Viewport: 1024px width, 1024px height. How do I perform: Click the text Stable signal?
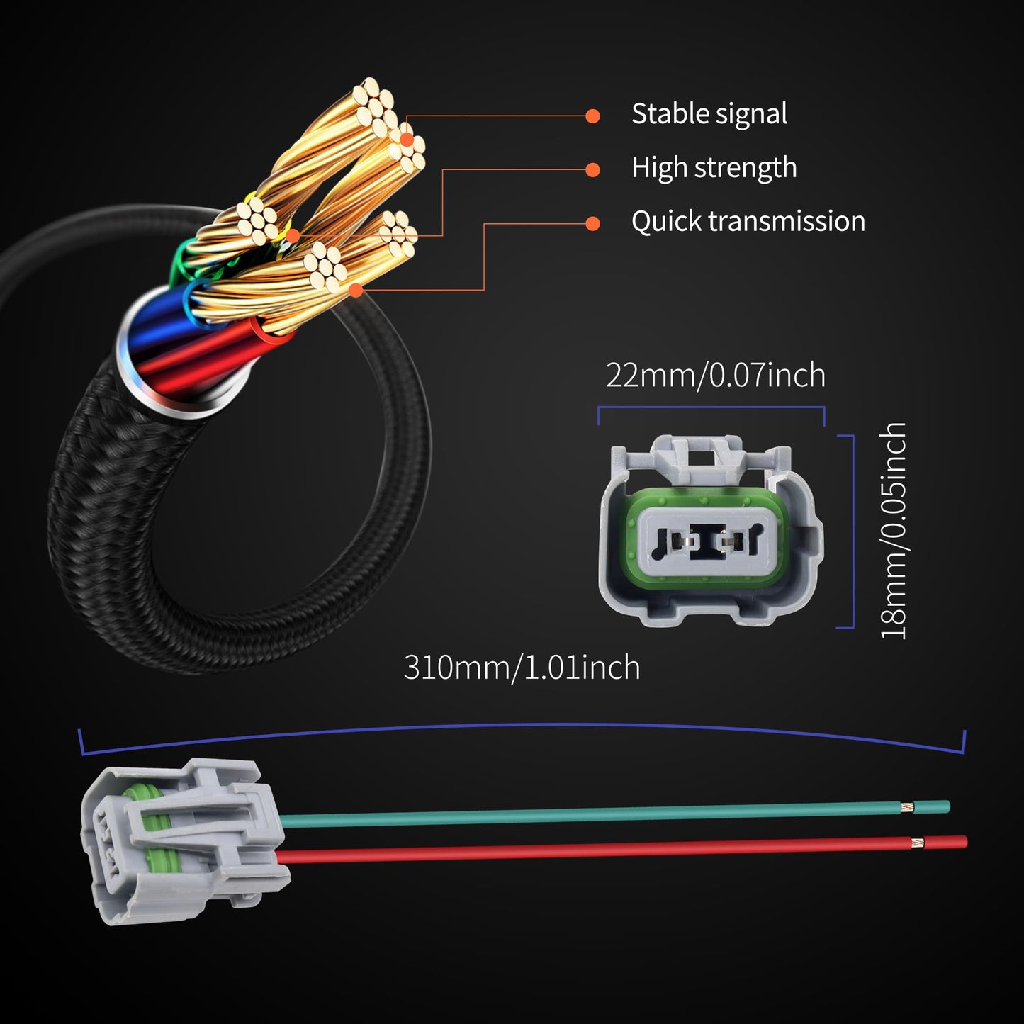[x=709, y=114]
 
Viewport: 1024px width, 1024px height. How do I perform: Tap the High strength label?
[x=714, y=168]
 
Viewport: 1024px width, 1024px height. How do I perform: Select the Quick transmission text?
[x=748, y=221]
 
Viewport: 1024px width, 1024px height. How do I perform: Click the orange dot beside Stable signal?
[x=593, y=116]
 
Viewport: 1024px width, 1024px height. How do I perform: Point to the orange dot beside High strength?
[x=593, y=169]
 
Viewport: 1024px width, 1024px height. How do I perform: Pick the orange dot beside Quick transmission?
[x=593, y=223]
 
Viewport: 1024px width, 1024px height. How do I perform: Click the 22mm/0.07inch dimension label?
[x=715, y=375]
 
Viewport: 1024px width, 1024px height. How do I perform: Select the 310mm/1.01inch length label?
[x=522, y=668]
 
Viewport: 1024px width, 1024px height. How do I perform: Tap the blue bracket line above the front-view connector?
[x=711, y=407]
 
